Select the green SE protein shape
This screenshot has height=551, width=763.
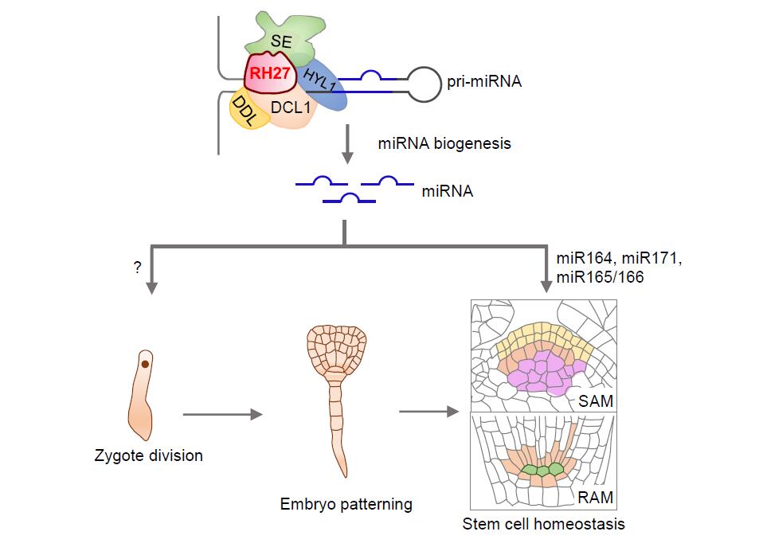click(280, 36)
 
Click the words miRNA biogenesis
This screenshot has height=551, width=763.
click(444, 144)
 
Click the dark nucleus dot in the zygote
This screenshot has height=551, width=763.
click(146, 364)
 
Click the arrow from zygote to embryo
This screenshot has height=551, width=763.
click(223, 414)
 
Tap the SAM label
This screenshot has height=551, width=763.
click(597, 401)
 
